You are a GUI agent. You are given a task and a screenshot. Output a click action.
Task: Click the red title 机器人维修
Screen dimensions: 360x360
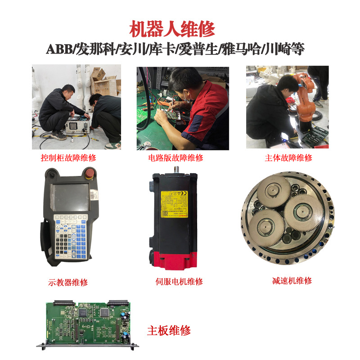pyautogui.click(x=172, y=29)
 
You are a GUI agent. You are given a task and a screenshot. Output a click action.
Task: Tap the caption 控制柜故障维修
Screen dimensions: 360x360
pyautogui.click(x=68, y=158)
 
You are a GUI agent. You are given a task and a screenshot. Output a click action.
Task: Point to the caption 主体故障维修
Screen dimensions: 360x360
pyautogui.click(x=288, y=158)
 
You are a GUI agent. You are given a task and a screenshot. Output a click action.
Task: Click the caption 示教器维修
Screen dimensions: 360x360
pyautogui.click(x=68, y=283)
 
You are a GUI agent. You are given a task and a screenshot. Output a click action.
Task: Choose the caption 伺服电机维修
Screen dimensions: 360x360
pyautogui.click(x=179, y=282)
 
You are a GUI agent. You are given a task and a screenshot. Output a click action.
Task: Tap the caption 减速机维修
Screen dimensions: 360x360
pyautogui.click(x=292, y=281)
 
